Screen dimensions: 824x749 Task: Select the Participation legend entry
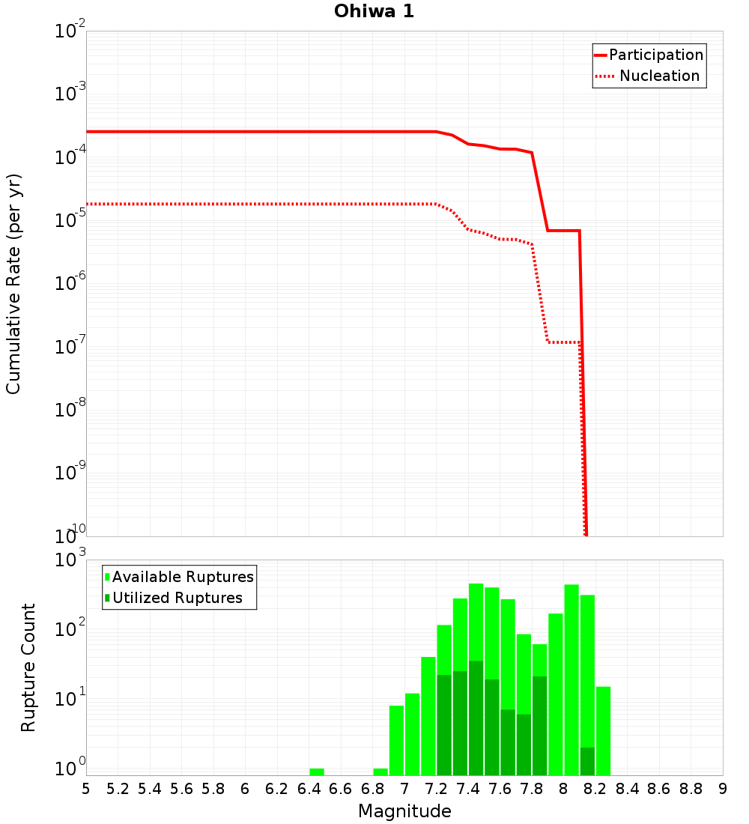(655, 55)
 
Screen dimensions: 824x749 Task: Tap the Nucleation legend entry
(658, 76)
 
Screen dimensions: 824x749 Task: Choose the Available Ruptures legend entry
(183, 577)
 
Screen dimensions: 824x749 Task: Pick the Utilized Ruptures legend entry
(177, 598)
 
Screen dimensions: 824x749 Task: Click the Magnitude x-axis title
(404, 811)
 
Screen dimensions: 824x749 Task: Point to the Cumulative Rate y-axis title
(13, 284)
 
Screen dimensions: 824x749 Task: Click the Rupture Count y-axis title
(28, 667)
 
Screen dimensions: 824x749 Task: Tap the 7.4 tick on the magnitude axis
(468, 789)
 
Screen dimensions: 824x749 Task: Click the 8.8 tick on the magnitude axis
(691, 789)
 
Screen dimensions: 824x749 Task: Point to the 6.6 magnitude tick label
(341, 789)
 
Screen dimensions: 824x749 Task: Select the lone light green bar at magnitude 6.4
(317, 772)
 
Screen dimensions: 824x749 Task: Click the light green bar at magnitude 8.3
(603, 730)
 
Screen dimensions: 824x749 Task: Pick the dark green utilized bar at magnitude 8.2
(587, 760)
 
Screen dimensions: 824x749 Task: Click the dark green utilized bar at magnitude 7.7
(524, 745)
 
